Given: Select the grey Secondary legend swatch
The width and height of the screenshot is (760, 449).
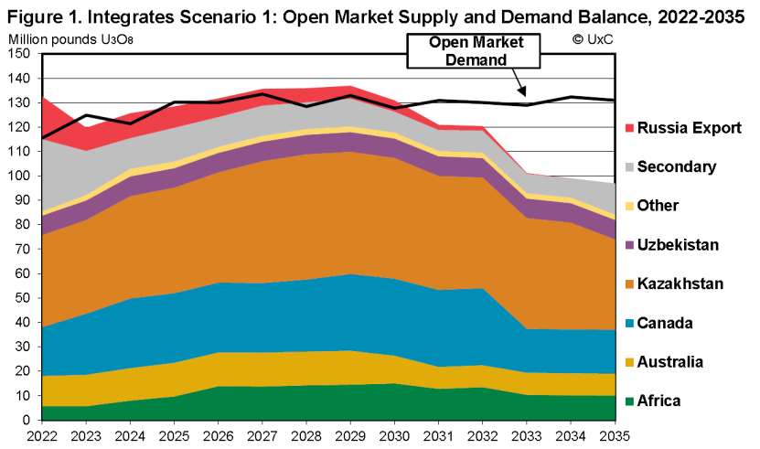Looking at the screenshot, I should click(628, 167).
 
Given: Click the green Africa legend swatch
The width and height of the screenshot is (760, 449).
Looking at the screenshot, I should click(628, 401).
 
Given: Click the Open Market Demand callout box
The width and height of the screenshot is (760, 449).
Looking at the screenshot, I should click(469, 51).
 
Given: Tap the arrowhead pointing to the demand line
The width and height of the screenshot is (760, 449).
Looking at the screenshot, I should click(522, 94).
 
